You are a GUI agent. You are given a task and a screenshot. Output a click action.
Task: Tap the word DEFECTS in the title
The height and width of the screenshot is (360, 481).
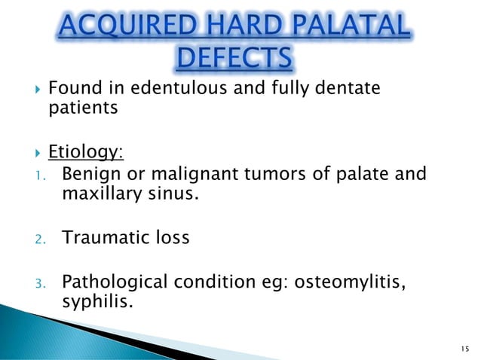coord(240,58)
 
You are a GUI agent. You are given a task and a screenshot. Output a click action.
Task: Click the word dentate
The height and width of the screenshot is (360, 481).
coord(347,90)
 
